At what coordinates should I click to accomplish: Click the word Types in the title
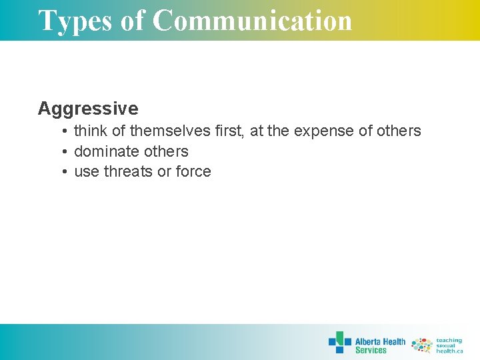(x=75, y=21)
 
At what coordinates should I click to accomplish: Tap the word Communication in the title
(x=253, y=21)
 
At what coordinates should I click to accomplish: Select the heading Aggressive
(x=88, y=109)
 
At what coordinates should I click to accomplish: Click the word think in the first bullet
(x=90, y=131)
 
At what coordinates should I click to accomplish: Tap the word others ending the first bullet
(x=399, y=131)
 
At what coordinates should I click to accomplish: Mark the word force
(x=193, y=171)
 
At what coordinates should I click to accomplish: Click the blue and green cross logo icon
(x=340, y=343)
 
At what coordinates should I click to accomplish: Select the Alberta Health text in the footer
(x=380, y=342)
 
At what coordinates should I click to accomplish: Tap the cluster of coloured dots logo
(x=421, y=345)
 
